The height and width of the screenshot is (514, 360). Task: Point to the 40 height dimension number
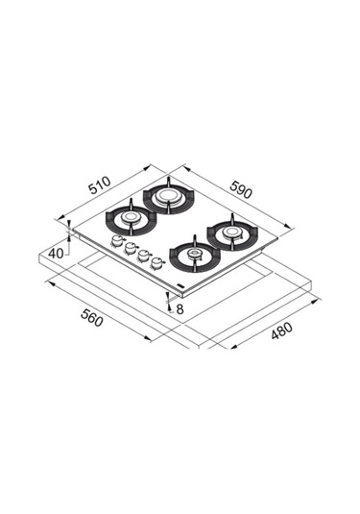[57, 252]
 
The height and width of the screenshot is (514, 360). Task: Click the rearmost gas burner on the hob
[168, 198]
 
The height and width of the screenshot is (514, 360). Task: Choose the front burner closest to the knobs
[193, 255]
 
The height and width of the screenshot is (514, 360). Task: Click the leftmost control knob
[117, 242]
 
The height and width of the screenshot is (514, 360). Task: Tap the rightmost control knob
[156, 262]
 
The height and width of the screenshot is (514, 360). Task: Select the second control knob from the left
[130, 249]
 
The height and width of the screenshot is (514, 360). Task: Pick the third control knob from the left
[142, 256]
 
